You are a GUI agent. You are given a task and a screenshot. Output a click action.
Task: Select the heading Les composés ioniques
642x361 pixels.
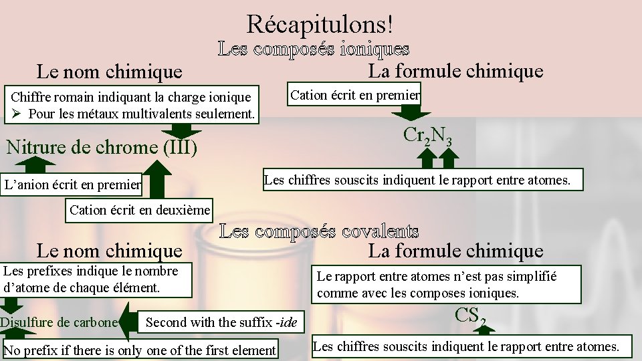click(x=313, y=49)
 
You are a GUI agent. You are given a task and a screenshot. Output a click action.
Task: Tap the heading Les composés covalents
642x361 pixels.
click(x=319, y=232)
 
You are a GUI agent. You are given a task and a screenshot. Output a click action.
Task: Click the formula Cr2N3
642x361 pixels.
click(x=427, y=135)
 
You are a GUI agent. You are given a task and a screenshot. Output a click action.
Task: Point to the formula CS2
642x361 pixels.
click(x=470, y=315)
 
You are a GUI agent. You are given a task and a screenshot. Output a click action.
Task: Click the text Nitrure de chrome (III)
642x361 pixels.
click(x=102, y=146)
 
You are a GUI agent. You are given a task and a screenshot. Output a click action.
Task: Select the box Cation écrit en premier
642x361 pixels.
click(x=354, y=95)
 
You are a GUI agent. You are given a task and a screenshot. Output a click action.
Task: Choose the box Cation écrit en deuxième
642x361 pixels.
click(x=140, y=210)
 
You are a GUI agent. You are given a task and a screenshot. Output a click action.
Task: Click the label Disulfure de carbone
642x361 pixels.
click(x=59, y=322)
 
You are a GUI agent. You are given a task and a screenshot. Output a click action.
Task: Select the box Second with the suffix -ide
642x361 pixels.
click(x=221, y=322)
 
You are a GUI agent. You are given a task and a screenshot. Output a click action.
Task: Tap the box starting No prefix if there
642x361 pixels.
click(x=140, y=350)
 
